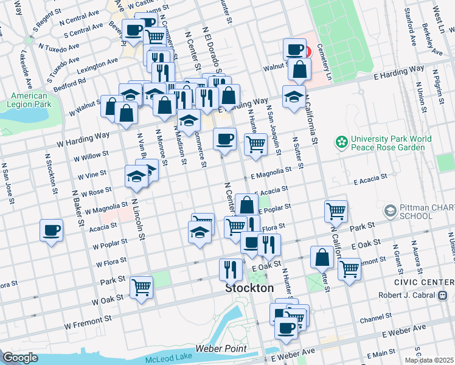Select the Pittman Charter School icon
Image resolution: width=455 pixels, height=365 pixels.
pos(390,211)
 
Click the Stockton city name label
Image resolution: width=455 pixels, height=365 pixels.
pos(249,288)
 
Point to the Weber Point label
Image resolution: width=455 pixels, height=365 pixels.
pos(221,349)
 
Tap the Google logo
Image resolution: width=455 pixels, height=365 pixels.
pos(21,358)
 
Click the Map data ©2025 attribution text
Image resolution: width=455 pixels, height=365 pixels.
pos(429,360)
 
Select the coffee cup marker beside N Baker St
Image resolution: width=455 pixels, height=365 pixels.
pos(52,231)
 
